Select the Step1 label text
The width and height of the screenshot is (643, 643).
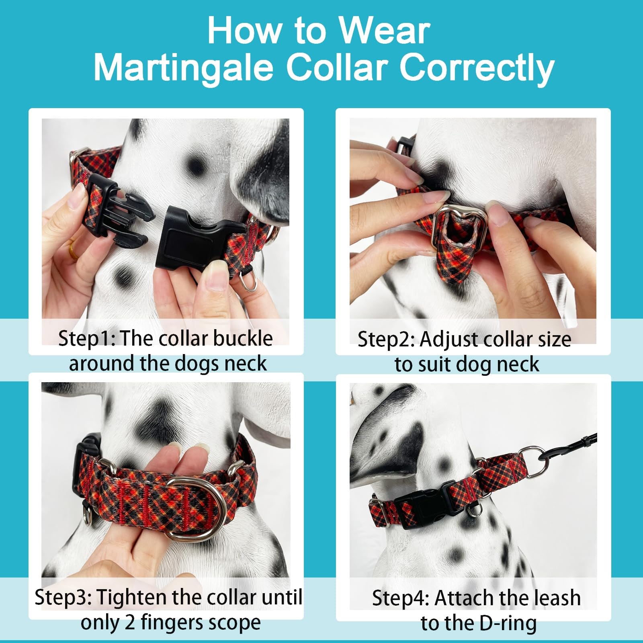click(x=86, y=338)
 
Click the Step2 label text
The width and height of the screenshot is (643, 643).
click(x=385, y=340)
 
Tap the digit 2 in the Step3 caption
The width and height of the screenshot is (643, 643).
click(x=130, y=623)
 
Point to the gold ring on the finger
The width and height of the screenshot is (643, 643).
click(x=74, y=250)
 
